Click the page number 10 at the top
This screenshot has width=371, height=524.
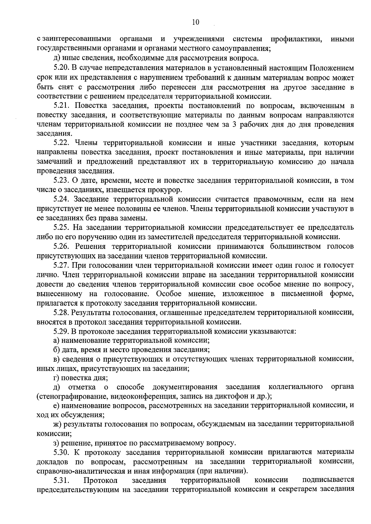point(195,22)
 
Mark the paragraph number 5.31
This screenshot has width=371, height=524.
point(61,480)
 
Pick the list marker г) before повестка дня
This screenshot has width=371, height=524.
point(55,378)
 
